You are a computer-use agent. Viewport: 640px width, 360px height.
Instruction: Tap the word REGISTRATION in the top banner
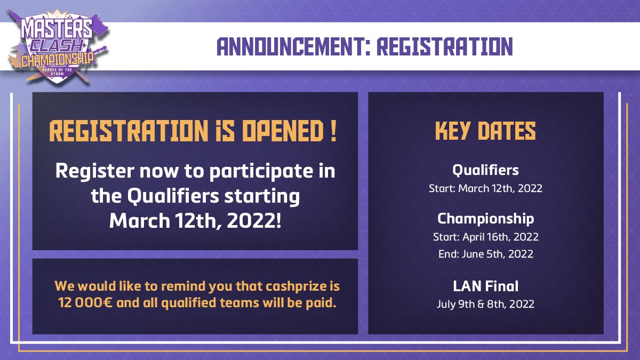tap(444, 47)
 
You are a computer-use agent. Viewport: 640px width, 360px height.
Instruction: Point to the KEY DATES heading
tap(485, 132)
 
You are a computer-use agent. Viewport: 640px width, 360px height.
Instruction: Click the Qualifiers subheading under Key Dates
tap(485, 170)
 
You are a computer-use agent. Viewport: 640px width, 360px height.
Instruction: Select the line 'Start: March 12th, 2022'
tap(485, 189)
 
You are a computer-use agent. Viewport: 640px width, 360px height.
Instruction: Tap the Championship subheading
tap(485, 219)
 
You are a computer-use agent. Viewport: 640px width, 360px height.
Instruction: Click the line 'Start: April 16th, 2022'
tap(485, 236)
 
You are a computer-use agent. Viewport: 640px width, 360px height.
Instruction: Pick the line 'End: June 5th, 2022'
tap(485, 254)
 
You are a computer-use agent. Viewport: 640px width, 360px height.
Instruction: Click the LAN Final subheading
tap(485, 286)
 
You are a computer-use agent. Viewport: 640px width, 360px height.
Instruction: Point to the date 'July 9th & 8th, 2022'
tap(485, 305)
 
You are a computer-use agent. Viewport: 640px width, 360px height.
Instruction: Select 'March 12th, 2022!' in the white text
tap(195, 220)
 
